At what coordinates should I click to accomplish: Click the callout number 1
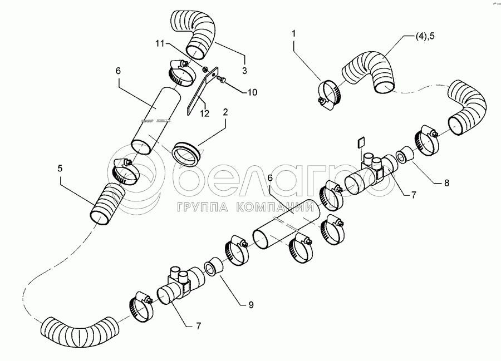(x=293, y=33)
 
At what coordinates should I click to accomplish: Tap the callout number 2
(x=225, y=112)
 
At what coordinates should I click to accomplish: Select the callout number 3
(x=244, y=70)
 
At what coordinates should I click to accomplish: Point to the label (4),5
(x=425, y=36)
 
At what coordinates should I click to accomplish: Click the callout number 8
(x=446, y=183)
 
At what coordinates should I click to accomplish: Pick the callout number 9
(x=251, y=305)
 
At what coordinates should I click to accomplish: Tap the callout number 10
(x=252, y=92)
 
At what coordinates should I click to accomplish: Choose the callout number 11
(x=160, y=43)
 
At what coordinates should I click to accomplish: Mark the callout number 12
(x=204, y=113)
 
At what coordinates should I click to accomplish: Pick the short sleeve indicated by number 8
(x=405, y=155)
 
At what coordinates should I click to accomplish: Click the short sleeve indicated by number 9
(x=213, y=265)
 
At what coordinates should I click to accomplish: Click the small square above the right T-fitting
(x=360, y=142)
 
